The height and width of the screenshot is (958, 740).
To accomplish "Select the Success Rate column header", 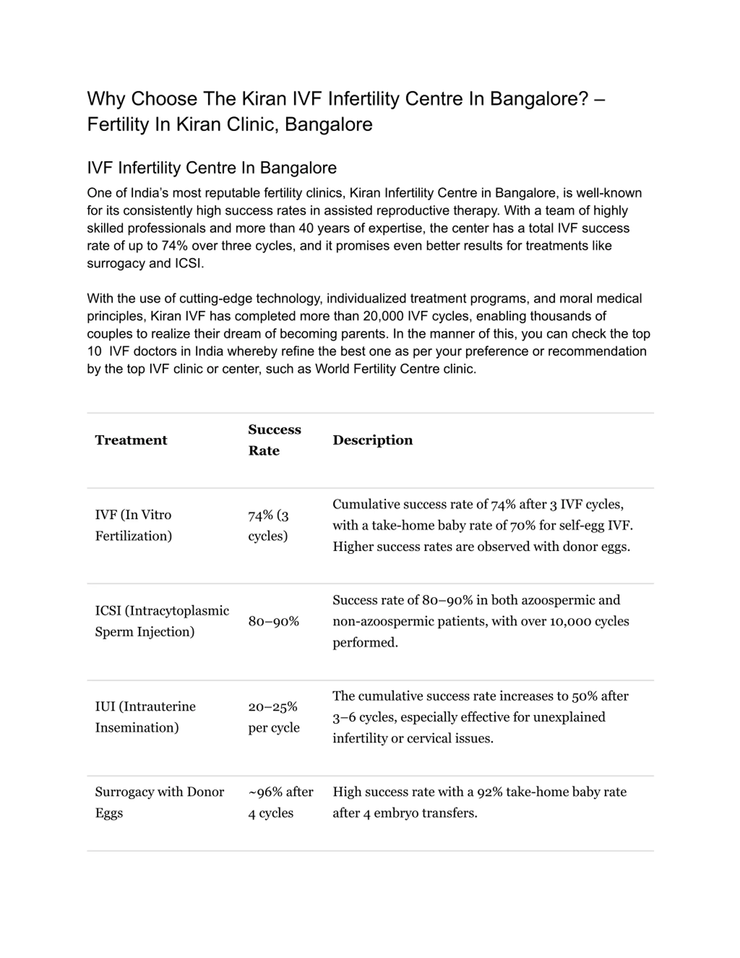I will coord(274,440).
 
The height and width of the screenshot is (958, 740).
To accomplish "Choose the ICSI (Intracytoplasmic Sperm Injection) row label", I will coord(162,621).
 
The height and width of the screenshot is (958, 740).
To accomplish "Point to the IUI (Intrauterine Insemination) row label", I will coord(145,717).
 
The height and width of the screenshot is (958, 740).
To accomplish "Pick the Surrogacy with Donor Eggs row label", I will coord(159,802).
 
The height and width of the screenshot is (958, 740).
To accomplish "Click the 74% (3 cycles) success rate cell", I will coord(268,525).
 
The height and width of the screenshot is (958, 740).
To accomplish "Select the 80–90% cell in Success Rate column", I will coord(273,621).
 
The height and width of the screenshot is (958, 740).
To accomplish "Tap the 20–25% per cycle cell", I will coord(273,717).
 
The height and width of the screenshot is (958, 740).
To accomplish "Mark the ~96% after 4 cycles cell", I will coord(281,802).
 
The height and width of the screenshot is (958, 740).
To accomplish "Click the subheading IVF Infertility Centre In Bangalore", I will coord(212,167).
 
